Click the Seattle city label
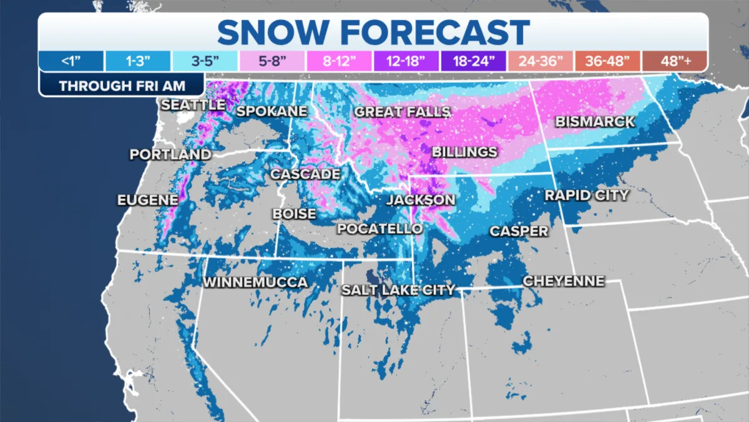click(193, 105)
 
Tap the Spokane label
click(272, 111)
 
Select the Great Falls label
click(402, 112)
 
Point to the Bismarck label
click(595, 121)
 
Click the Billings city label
click(464, 152)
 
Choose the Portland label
click(170, 154)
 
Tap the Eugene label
click(147, 200)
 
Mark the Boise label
click(294, 214)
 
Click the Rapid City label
click(586, 196)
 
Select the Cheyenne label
click(563, 281)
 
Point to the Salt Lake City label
click(398, 290)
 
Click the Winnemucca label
click(255, 283)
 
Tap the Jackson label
click(420, 200)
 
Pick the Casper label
click(518, 231)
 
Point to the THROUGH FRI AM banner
click(122, 86)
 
